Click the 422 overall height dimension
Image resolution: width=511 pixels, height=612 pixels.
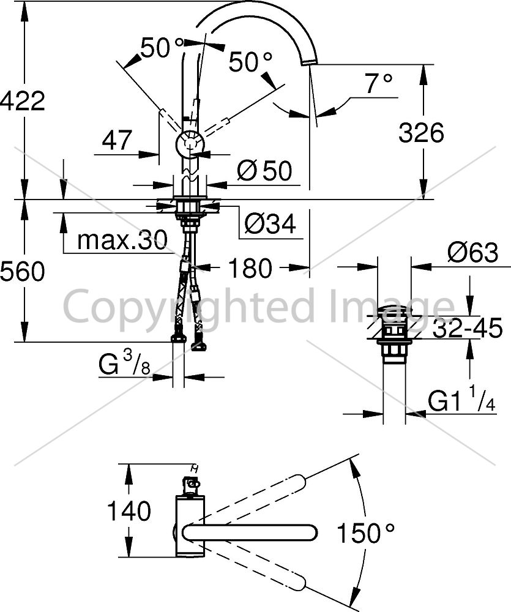pos(23,101)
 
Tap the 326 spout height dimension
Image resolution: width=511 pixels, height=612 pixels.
pos(421,132)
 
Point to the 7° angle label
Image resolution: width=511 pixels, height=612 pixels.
pos(378,83)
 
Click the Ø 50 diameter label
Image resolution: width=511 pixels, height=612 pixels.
pos(264,171)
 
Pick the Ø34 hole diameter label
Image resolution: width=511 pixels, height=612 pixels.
pos(270,223)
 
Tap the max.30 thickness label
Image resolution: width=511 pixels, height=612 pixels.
pos(122,240)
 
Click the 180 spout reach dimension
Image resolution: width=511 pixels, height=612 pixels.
pos(250,268)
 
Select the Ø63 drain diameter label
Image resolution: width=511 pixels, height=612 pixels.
pos(473,252)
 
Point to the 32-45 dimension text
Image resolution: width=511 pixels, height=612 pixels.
pos(468,327)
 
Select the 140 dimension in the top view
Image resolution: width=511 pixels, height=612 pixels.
pos(129,510)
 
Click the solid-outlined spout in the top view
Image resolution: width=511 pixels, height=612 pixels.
pos(250,533)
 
